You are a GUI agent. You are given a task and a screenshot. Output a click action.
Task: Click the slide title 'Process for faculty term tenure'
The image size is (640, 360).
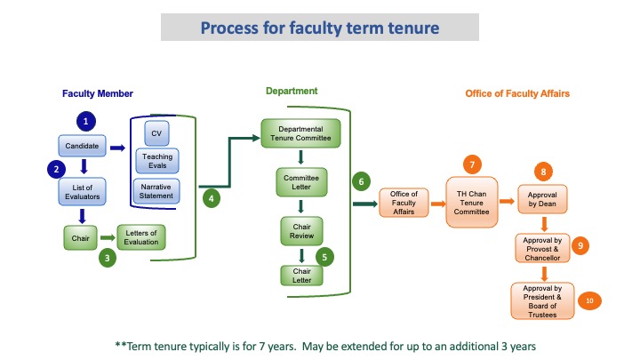click(319, 28)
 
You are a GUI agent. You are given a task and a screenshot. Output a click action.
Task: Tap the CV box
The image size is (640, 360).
click(156, 133)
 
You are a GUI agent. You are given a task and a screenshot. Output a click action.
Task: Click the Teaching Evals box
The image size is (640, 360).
click(156, 161)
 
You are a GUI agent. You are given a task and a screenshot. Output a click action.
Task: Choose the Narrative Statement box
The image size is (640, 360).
click(156, 189)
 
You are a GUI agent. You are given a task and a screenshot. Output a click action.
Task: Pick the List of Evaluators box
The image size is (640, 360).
click(82, 191)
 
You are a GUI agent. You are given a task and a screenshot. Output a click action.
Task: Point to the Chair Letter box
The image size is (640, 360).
click(301, 274)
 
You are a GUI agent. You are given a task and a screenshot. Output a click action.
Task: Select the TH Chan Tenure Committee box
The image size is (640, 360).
click(473, 201)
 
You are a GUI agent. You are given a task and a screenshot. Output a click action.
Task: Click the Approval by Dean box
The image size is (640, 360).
click(543, 201)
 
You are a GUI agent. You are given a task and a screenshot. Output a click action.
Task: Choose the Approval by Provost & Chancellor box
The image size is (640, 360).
click(542, 248)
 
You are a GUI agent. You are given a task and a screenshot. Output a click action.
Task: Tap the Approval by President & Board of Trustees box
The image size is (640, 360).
click(542, 300)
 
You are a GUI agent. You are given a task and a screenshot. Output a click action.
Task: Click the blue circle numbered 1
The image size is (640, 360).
click(85, 120)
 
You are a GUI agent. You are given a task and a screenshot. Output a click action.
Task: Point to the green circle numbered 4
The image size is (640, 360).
click(212, 199)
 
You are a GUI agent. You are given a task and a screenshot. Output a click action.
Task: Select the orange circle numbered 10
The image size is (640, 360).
click(589, 301)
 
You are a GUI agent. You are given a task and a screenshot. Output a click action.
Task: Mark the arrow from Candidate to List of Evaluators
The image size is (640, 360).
click(82, 165)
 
